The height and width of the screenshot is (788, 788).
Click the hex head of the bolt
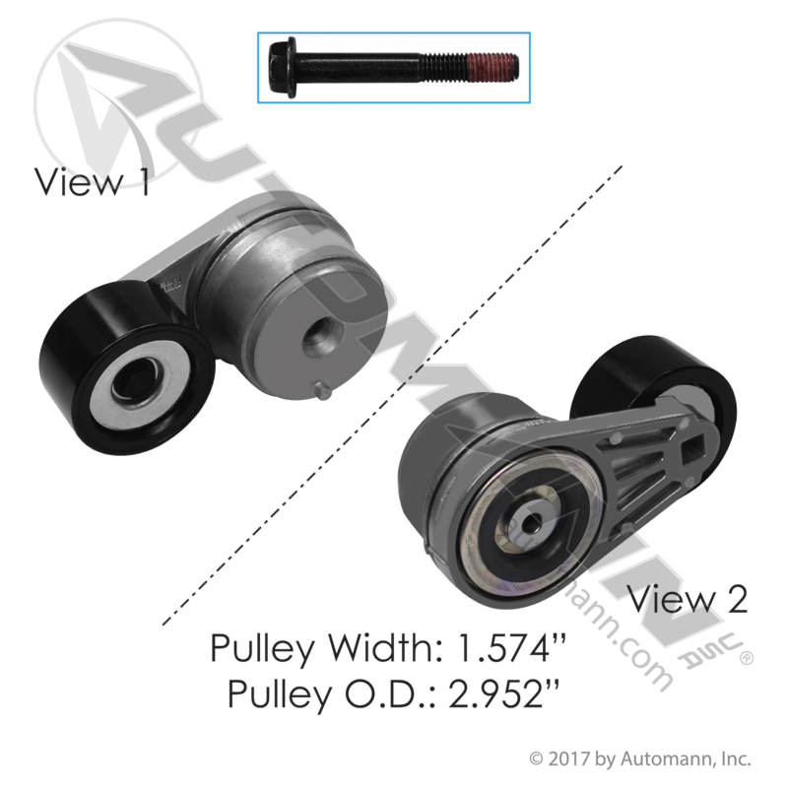(283, 65)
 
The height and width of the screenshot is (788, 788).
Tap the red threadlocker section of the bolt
(492, 68)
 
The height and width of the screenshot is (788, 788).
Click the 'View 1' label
(92, 181)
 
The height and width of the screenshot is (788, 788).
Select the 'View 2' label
(688, 599)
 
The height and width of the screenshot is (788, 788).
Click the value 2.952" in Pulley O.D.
(503, 693)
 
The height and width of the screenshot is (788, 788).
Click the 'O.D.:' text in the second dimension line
(391, 693)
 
